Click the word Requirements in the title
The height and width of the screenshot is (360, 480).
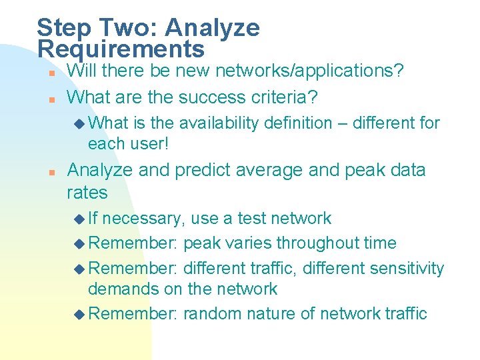point(121,49)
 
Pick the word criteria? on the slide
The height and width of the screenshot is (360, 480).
point(284,97)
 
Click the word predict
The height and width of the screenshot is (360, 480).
point(201,170)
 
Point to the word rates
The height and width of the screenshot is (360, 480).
point(87,193)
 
